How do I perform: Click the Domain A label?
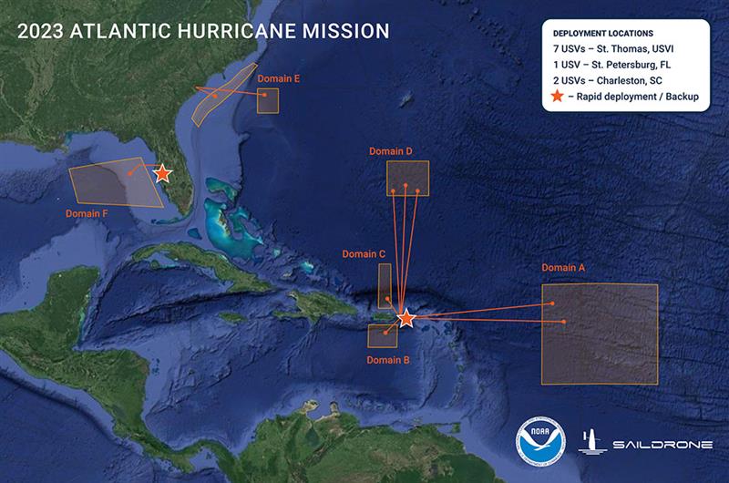point(563,268)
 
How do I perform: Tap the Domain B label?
point(388,360)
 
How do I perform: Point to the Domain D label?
point(391,150)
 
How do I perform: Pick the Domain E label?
point(279,78)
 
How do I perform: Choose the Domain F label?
point(87,213)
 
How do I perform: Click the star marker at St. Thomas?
point(406,318)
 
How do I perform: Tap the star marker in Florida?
point(162,173)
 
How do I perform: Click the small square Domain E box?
point(267,100)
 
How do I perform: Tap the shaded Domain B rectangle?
point(381,335)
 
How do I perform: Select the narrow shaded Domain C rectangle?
point(385,285)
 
